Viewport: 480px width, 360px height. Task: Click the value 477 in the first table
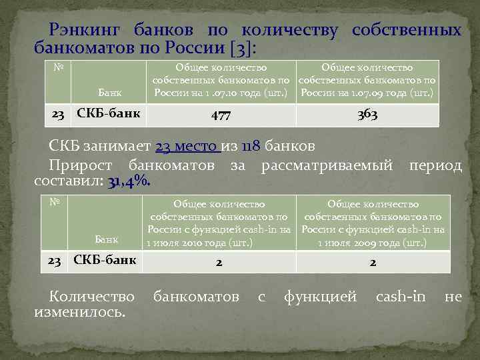(x=220, y=115)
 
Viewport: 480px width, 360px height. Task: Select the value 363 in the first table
(x=367, y=115)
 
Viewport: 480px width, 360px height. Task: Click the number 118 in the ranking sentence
(x=250, y=147)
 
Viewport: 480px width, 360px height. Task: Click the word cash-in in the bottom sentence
(x=400, y=295)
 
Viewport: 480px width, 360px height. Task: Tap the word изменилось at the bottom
(x=79, y=312)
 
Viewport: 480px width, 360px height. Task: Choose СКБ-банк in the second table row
(x=104, y=259)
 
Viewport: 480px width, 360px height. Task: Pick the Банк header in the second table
(x=107, y=239)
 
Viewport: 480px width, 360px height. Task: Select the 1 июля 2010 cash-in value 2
(x=219, y=263)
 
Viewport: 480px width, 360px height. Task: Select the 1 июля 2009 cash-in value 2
(x=373, y=263)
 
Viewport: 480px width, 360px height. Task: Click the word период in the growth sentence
(x=435, y=164)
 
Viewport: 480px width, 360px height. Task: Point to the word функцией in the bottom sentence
(x=321, y=295)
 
